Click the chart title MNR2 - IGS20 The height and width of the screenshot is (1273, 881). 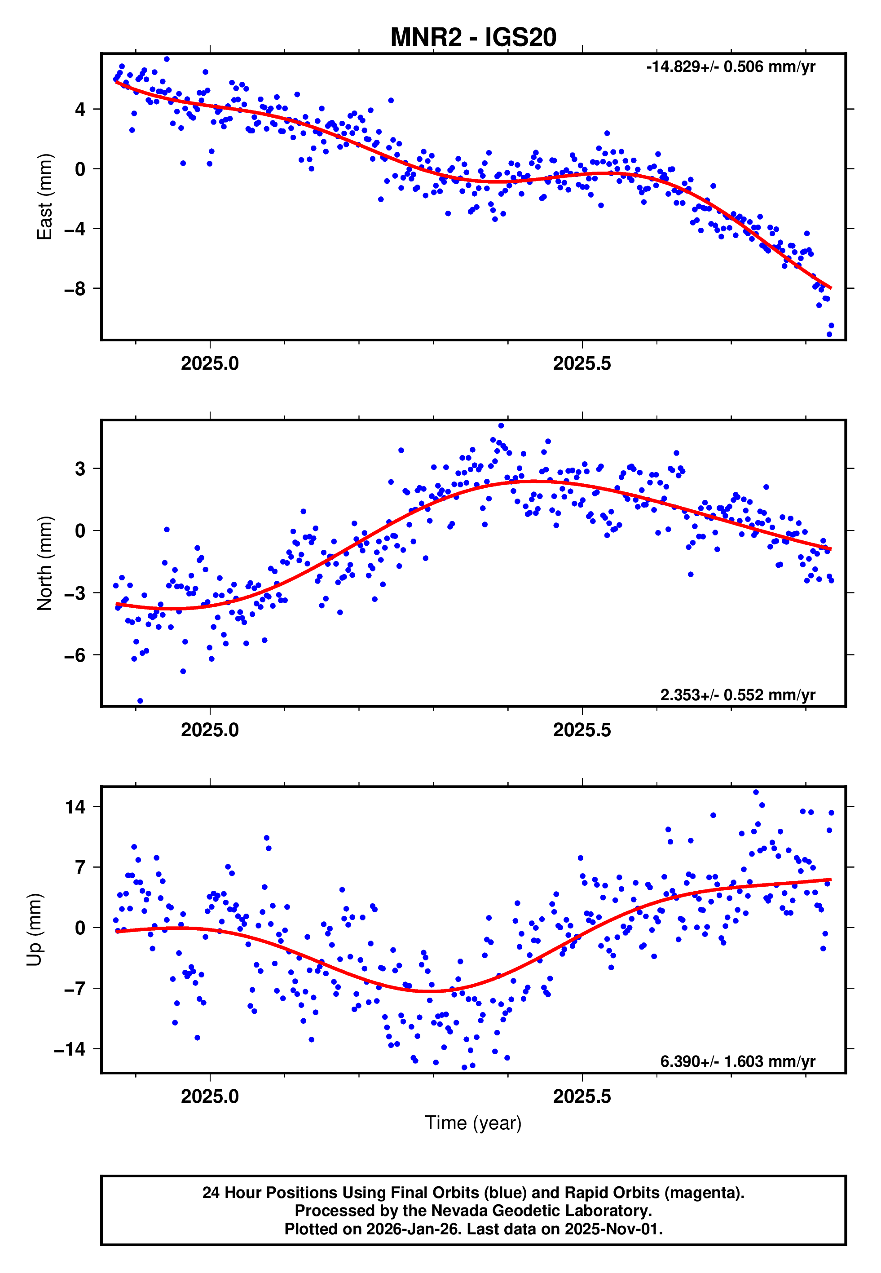point(473,38)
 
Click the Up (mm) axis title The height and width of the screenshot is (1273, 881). point(34,930)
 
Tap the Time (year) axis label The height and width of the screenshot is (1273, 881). point(473,1123)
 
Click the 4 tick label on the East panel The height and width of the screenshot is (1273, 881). point(80,109)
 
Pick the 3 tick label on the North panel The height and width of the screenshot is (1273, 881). point(80,469)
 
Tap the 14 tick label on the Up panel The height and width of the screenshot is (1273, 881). point(75,807)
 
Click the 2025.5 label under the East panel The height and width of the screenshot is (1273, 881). point(582,364)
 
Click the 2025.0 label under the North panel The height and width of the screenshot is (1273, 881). point(210,730)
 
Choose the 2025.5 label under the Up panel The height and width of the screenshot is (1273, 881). point(582,1096)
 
